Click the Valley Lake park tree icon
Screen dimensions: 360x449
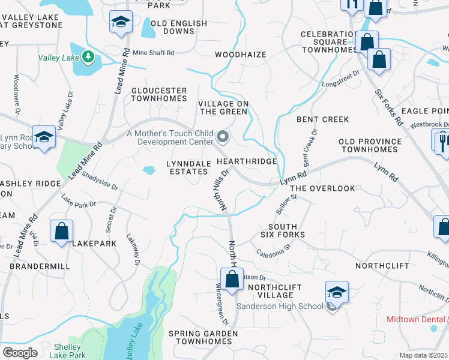89,57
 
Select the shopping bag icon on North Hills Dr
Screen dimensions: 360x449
232,278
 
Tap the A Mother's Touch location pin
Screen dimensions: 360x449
223,137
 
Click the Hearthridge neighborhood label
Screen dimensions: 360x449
247,162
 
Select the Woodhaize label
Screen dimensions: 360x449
241,55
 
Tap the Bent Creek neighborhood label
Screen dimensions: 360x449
322,119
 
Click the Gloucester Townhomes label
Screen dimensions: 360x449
159,94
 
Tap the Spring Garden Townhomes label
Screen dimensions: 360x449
200,337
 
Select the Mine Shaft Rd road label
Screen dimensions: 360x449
153,53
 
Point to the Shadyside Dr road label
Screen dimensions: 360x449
101,182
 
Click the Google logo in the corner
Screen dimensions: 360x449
20,352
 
